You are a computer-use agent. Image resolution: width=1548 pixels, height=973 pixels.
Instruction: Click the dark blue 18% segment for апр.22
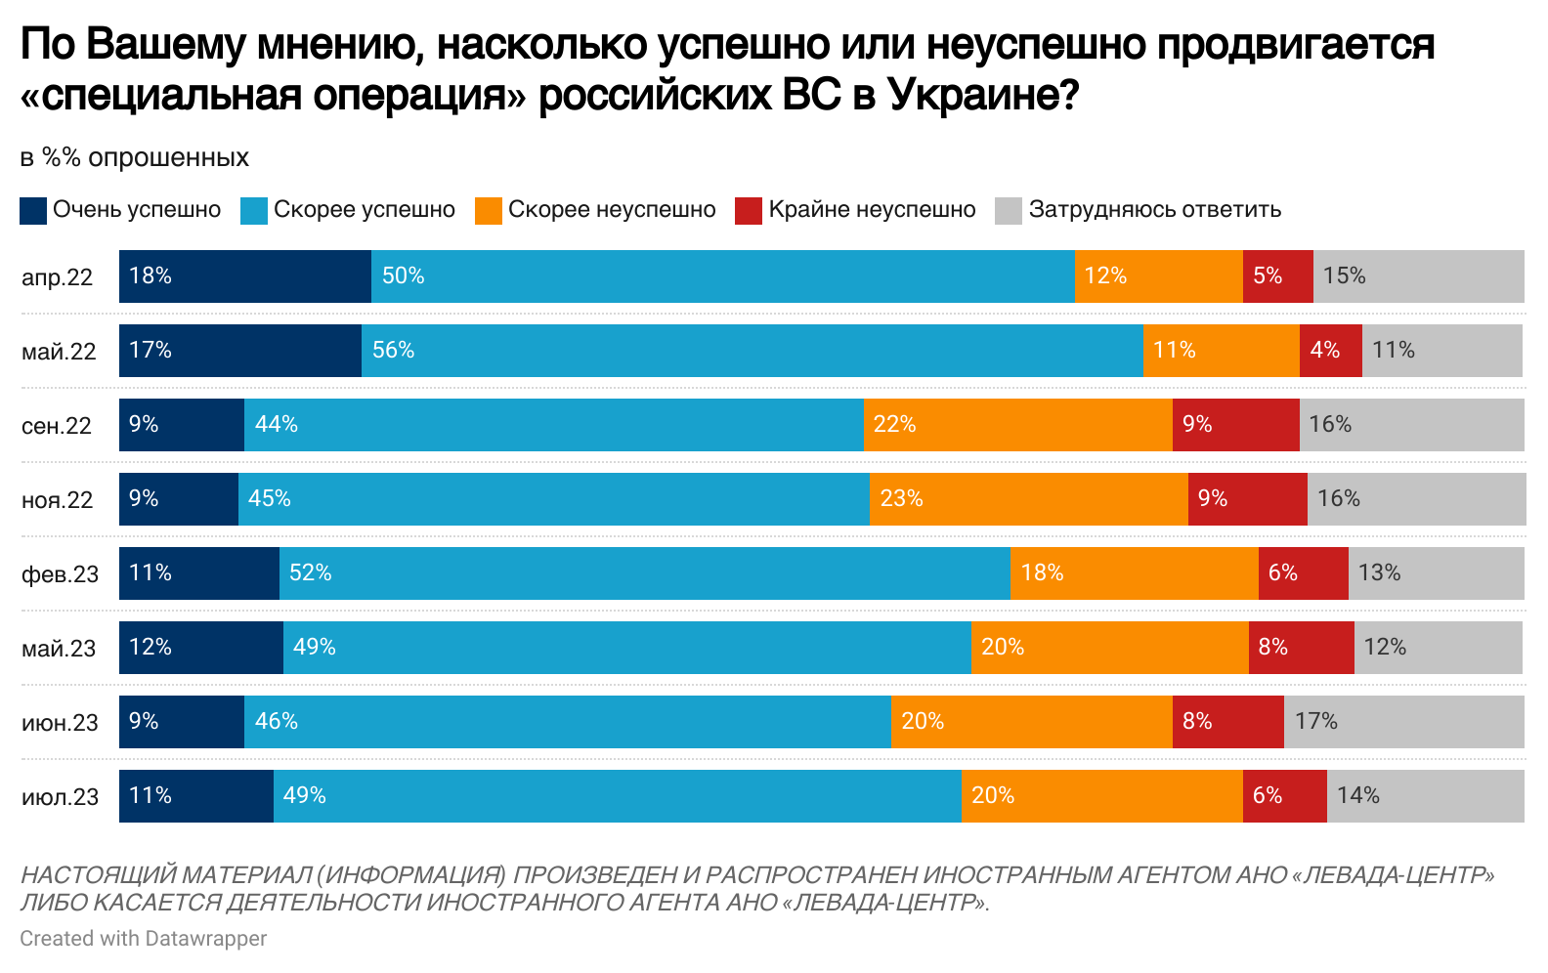pyautogui.click(x=245, y=276)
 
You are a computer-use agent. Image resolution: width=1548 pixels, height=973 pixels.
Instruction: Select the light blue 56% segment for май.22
pyautogui.click(x=752, y=351)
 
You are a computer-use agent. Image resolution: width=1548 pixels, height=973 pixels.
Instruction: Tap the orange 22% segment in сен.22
pyautogui.click(x=1017, y=425)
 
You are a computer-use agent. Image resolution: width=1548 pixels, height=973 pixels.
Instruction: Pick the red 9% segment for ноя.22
pyautogui.click(x=1247, y=499)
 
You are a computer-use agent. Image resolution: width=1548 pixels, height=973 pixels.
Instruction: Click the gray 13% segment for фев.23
pyautogui.click(x=1436, y=573)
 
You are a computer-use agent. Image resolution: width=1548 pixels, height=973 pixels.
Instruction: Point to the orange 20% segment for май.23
pyautogui.click(x=1109, y=648)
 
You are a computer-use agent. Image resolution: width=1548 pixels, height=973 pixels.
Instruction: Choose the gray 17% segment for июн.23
pyautogui.click(x=1403, y=722)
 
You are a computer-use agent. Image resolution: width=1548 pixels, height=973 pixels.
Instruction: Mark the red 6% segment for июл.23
pyautogui.click(x=1284, y=796)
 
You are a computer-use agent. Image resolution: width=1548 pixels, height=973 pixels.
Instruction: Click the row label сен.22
pyautogui.click(x=57, y=426)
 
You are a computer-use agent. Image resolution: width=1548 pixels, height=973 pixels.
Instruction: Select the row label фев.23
pyautogui.click(x=60, y=574)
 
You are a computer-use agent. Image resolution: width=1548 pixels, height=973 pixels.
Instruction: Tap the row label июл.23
pyautogui.click(x=60, y=797)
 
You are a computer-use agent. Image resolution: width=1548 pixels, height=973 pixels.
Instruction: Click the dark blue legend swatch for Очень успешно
pyautogui.click(x=33, y=211)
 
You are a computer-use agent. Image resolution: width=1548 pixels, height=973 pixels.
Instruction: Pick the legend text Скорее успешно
pyautogui.click(x=364, y=210)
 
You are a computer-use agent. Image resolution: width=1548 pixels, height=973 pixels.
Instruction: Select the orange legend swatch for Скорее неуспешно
pyautogui.click(x=488, y=211)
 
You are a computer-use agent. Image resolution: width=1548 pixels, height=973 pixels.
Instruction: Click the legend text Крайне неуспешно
pyautogui.click(x=872, y=210)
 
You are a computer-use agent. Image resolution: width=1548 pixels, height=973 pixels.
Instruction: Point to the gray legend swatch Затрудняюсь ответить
pyautogui.click(x=1008, y=211)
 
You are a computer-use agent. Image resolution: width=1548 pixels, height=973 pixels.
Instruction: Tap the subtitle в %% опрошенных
pyautogui.click(x=135, y=158)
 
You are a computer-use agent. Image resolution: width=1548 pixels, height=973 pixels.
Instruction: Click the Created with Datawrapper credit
pyautogui.click(x=143, y=939)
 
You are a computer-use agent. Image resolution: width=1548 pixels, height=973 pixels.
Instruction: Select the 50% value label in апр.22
pyautogui.click(x=403, y=276)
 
